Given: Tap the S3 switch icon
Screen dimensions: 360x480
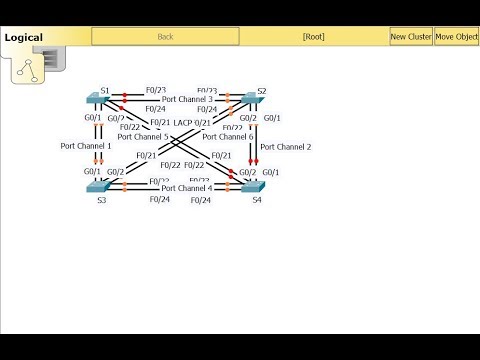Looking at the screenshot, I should coord(97,186).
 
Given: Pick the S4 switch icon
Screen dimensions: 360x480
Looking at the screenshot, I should coord(244,186).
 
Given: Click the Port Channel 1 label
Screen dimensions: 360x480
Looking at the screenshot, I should coord(86,146).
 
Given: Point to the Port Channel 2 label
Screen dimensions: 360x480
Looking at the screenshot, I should coord(286,147).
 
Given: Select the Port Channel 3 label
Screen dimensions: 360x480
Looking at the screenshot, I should coord(187,99).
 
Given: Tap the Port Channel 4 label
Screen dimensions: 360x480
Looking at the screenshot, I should coord(187,187).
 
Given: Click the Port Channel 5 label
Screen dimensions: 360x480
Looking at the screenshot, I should coord(150,136).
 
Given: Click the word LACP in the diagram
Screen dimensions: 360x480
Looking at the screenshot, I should coord(183,122).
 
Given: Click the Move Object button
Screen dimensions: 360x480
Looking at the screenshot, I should coord(456,37).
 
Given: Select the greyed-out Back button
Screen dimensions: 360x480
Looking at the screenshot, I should coord(166,37).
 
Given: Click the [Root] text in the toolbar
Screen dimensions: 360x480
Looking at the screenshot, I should coord(314,37).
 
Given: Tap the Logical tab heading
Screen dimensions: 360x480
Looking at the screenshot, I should coord(22,38).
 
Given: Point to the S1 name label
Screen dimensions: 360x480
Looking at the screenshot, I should coord(105,90).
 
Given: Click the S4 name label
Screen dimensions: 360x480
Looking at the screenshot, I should coord(258,200).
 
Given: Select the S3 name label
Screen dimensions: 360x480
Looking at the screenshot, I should coord(101,200).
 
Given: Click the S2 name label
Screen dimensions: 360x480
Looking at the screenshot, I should coord(262,91).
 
